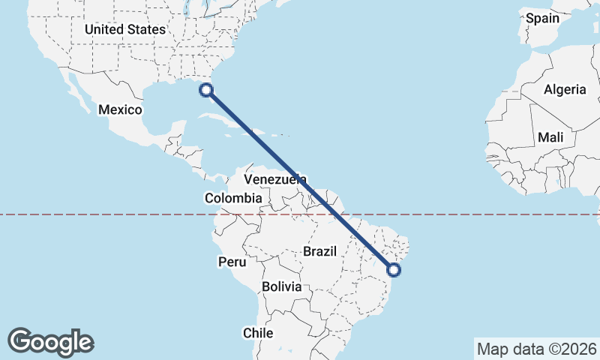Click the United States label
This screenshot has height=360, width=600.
124,29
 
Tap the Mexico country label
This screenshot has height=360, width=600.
120,109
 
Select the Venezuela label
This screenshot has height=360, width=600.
276,180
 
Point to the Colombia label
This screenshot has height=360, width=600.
233,199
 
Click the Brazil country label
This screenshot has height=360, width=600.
320,252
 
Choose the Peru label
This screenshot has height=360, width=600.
232,262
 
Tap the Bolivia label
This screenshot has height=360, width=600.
282,286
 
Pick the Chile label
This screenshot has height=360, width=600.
257,332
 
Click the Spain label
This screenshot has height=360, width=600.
542,18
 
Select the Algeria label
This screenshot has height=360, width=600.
565,89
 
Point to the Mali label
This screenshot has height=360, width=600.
550,138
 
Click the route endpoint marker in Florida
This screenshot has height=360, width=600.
206,91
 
